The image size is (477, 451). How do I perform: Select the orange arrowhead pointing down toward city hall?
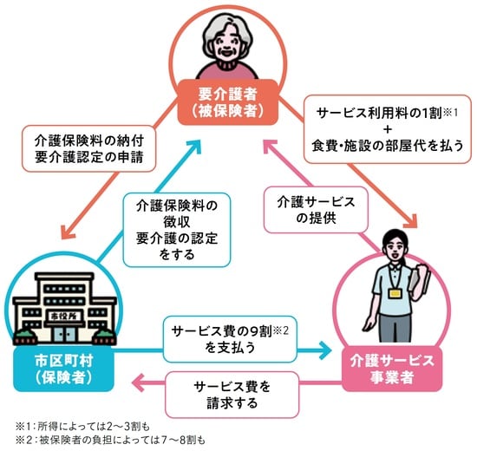65,234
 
